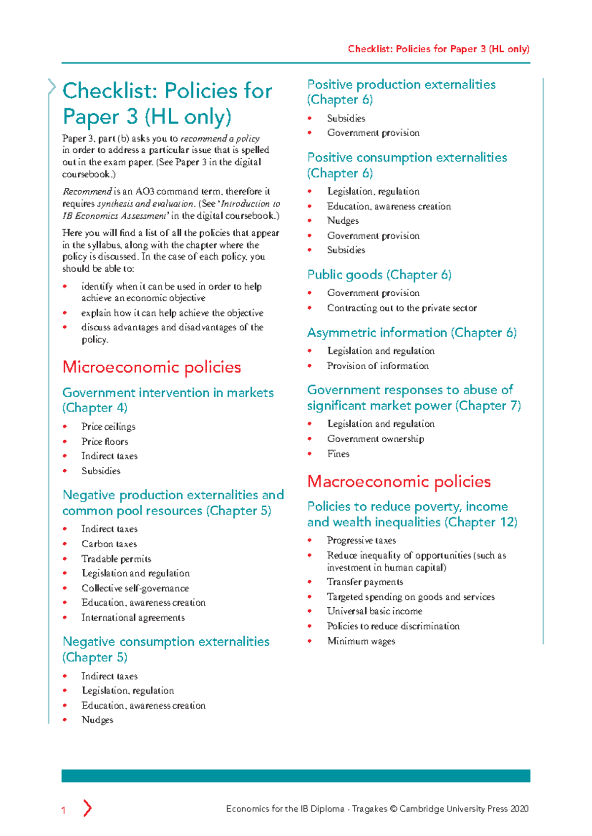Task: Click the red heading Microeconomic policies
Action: pos(151,367)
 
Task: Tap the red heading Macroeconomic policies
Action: pos(399,482)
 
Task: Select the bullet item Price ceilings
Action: pos(108,427)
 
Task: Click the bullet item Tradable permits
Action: pos(116,559)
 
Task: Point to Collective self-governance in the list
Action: pos(135,589)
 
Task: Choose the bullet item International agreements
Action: pos(133,618)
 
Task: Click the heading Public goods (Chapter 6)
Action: pos(379,275)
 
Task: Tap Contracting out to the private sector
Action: pos(402,308)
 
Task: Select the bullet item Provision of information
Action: pos(377,366)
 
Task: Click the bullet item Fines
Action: pos(338,454)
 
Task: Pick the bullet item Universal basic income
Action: pos(374,611)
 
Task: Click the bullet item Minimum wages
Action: pos(361,641)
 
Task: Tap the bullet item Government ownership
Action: pos(375,439)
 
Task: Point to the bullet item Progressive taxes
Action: pos(361,540)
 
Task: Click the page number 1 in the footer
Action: pos(63,810)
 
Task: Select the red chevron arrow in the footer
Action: pos(87,808)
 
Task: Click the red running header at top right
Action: pos(438,49)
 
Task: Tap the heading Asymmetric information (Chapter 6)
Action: pos(411,333)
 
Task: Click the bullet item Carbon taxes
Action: pos(109,544)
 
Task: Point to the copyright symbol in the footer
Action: pos(393,809)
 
